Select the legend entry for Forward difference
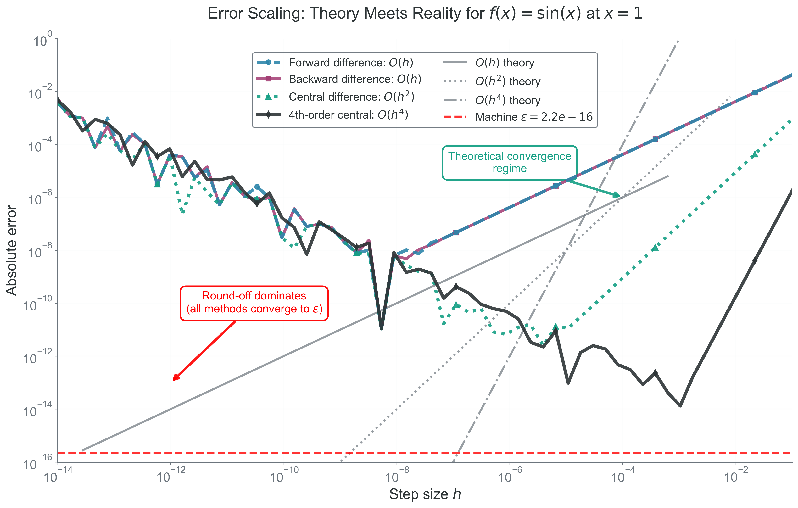[x=351, y=63]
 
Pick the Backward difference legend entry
[x=355, y=79]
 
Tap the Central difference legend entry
[x=351, y=97]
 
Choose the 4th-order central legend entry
[x=348, y=115]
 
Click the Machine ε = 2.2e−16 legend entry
[x=533, y=117]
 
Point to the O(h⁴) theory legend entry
[x=507, y=100]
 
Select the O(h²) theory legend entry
[x=507, y=81]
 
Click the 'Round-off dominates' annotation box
[x=254, y=303]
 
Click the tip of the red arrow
[x=174, y=380]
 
